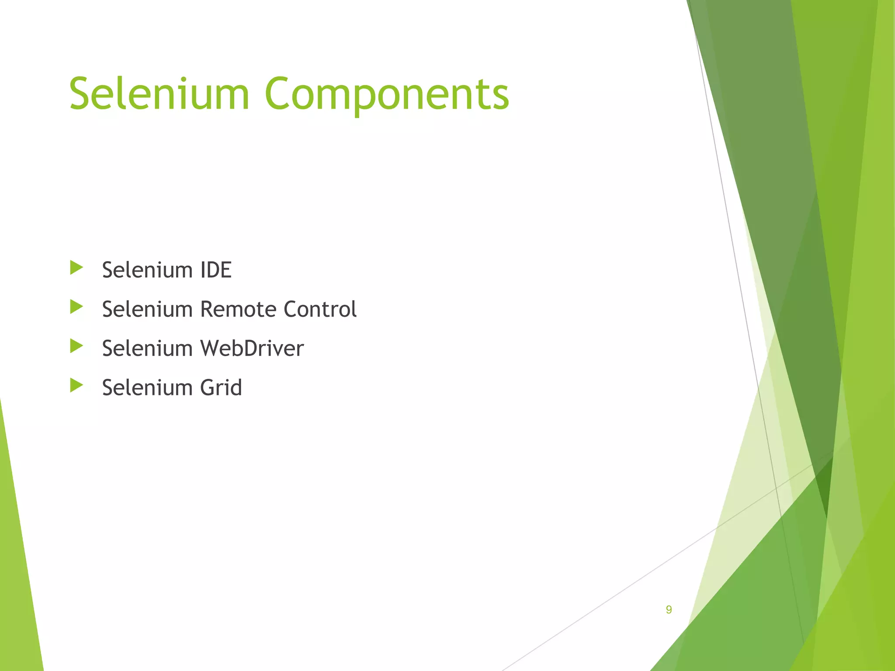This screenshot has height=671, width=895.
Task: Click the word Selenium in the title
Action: tap(159, 94)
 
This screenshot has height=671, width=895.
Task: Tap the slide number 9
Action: tap(669, 609)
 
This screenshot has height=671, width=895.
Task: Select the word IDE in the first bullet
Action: tap(216, 270)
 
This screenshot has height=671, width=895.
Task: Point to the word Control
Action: tap(320, 309)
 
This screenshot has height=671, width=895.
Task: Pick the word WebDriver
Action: tap(252, 349)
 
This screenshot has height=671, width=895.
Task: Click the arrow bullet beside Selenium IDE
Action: tap(76, 268)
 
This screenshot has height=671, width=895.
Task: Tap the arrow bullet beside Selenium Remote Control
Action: tap(76, 307)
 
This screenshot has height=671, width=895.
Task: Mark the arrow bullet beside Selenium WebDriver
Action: tap(76, 346)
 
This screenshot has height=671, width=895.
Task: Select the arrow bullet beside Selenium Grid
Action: tap(76, 385)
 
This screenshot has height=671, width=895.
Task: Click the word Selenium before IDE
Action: tap(147, 270)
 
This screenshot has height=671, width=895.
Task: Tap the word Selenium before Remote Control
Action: tap(147, 309)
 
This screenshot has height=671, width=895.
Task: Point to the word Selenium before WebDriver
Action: tap(147, 349)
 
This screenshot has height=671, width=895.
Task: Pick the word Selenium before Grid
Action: tap(147, 387)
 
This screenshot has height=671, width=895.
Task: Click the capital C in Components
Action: tap(280, 94)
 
